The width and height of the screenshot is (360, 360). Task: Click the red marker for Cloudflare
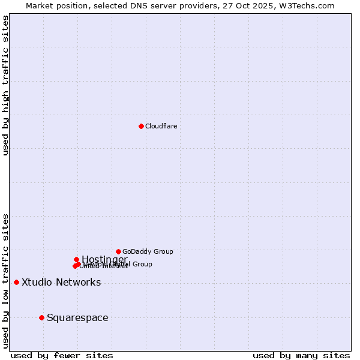tap(141, 126)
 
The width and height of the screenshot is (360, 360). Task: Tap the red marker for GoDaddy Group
tap(118, 251)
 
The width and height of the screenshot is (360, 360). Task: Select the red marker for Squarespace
tap(41, 317)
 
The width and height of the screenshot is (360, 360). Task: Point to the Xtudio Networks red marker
tap(16, 282)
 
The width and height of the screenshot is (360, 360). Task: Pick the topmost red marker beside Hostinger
tap(76, 259)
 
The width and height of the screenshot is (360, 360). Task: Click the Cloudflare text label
tap(161, 126)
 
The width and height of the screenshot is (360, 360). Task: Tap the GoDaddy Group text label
tap(148, 251)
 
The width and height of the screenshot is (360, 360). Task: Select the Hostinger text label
tap(104, 259)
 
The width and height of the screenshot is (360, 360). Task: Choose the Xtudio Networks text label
tap(61, 282)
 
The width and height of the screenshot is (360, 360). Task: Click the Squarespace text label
tap(77, 317)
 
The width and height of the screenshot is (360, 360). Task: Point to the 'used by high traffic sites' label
tap(5, 85)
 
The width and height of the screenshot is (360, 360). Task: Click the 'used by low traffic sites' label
tap(5, 280)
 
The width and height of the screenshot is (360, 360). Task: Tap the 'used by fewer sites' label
tap(62, 355)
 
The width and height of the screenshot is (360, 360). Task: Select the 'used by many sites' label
tap(301, 355)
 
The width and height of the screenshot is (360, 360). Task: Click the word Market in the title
tap(40, 5)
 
